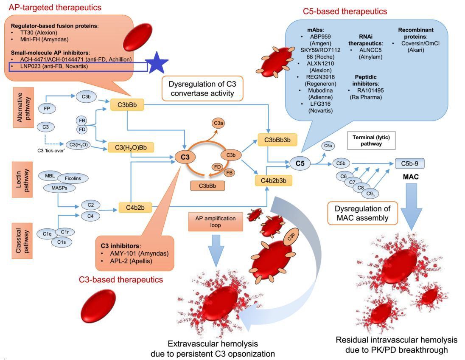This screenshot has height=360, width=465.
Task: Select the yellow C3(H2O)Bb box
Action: pos(131,147)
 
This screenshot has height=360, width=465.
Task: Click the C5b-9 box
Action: pos(409,163)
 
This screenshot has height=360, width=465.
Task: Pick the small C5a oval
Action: pos(328,146)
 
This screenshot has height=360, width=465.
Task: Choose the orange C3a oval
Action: pos(219,123)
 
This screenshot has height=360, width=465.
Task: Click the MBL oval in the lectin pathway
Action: pos(50,175)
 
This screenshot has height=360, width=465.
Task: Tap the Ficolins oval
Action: pos(73,179)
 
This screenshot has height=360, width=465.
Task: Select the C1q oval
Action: pos(47,233)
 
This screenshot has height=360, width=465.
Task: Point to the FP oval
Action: pos(47,108)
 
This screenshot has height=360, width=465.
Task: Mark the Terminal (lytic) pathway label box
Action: pos(365,141)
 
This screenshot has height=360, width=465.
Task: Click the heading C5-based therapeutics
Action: pos(345,11)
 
